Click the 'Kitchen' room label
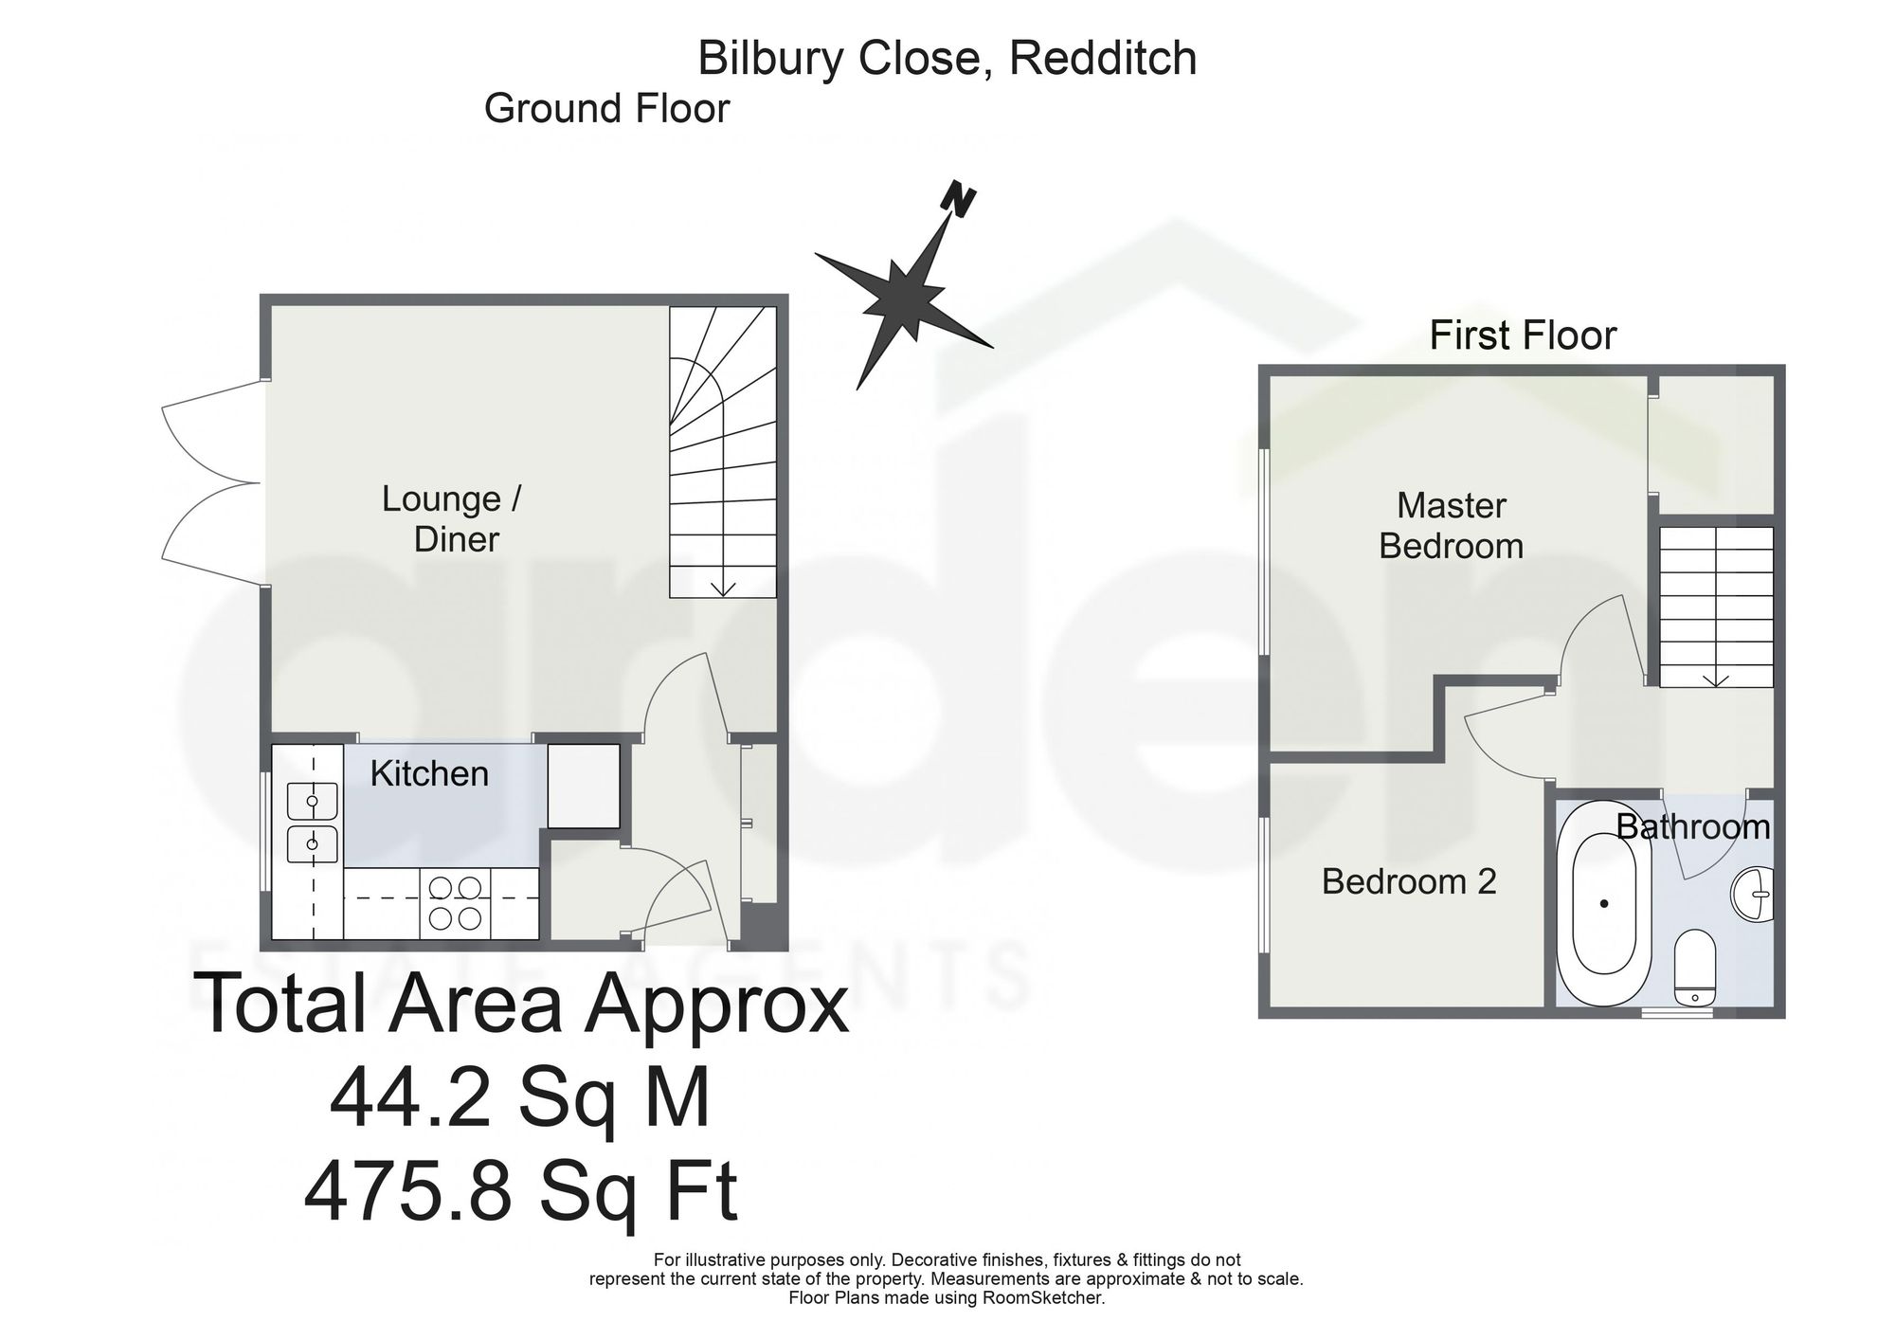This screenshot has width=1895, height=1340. (429, 774)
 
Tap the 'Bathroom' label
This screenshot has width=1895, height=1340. (1693, 827)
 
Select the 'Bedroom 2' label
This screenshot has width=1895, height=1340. (1409, 882)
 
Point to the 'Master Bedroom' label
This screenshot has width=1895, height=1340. (1451, 526)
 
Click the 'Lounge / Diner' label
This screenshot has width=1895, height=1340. (453, 519)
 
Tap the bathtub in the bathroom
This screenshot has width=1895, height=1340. (1604, 904)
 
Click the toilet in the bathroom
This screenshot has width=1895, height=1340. (1694, 968)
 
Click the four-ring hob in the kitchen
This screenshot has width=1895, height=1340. (456, 902)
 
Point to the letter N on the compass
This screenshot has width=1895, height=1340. (959, 201)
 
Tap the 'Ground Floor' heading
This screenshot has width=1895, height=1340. (606, 109)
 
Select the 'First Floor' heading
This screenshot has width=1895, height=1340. (1523, 335)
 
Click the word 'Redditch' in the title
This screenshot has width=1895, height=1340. (1103, 59)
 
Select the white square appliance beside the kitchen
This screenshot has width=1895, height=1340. (584, 786)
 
